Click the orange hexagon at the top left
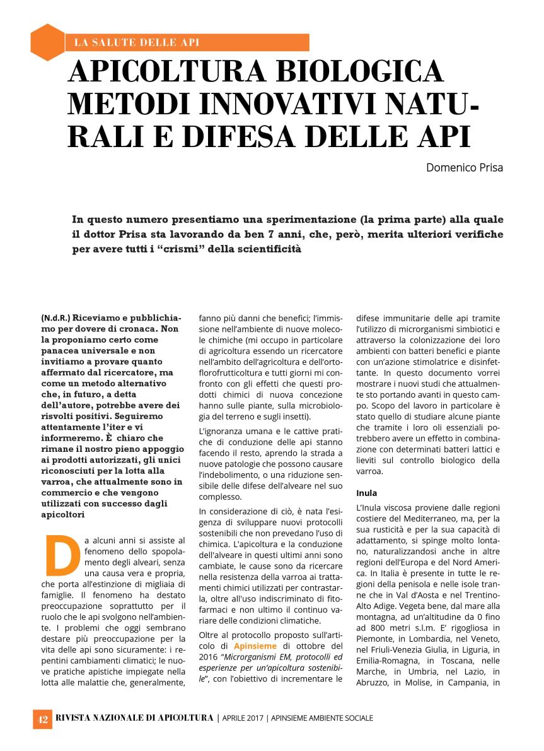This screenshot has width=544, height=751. pyautogui.click(x=48, y=42)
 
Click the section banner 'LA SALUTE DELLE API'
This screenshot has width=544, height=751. pyautogui.click(x=137, y=43)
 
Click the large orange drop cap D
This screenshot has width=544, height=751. pyautogui.click(x=57, y=557)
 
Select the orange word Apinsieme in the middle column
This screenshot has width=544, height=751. pyautogui.click(x=255, y=646)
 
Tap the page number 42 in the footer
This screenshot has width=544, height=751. pyautogui.click(x=42, y=718)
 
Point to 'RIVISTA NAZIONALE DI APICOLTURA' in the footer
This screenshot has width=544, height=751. pyautogui.click(x=134, y=718)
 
